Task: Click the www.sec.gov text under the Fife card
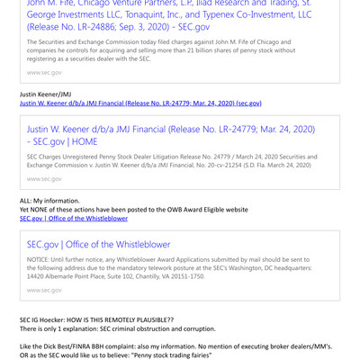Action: (x=44, y=72)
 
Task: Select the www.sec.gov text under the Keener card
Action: (x=44, y=178)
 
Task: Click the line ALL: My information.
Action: (x=49, y=200)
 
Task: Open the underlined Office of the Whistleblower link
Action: (x=74, y=219)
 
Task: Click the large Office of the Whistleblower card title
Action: (x=98, y=244)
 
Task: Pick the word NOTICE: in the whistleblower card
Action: (x=40, y=259)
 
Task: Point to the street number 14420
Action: (x=37, y=276)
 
